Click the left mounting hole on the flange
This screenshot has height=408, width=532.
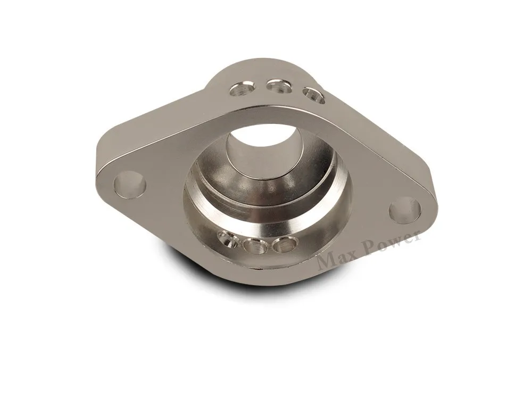(130, 185)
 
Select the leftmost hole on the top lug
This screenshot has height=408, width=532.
(242, 88)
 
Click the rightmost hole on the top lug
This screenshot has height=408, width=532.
(314, 95)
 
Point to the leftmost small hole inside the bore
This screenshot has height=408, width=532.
(228, 239)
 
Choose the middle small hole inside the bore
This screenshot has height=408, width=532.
(255, 245)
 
